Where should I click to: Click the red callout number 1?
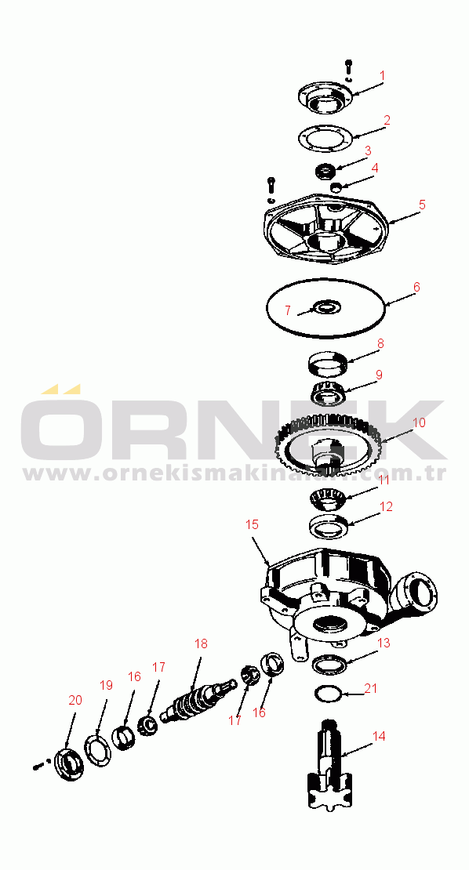pyautogui.click(x=382, y=75)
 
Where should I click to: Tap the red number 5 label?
pyautogui.click(x=423, y=205)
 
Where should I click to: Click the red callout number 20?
pyautogui.click(x=75, y=700)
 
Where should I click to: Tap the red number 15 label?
pyautogui.click(x=252, y=524)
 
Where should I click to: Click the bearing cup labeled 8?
pyautogui.click(x=327, y=364)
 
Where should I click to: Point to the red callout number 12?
pyautogui.click(x=387, y=506)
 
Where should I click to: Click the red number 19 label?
pyautogui.click(x=106, y=685)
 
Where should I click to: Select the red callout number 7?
pyautogui.click(x=288, y=310)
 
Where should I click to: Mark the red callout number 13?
pyautogui.click(x=384, y=643)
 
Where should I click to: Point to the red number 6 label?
pyautogui.click(x=416, y=287)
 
